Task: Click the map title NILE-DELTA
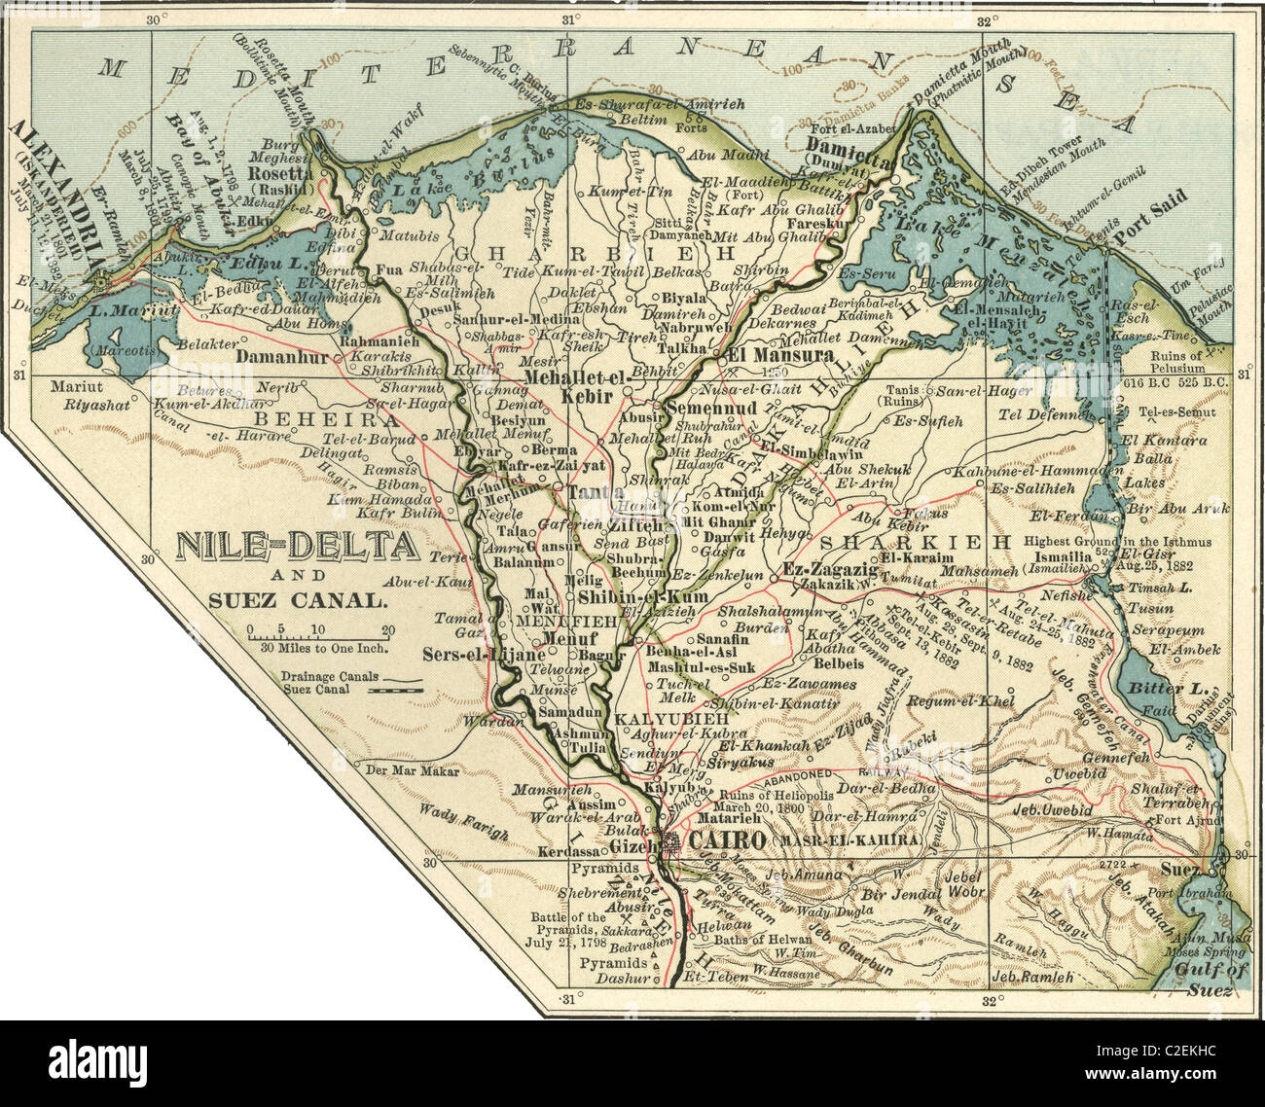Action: click(297, 548)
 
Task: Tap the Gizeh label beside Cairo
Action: click(629, 846)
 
